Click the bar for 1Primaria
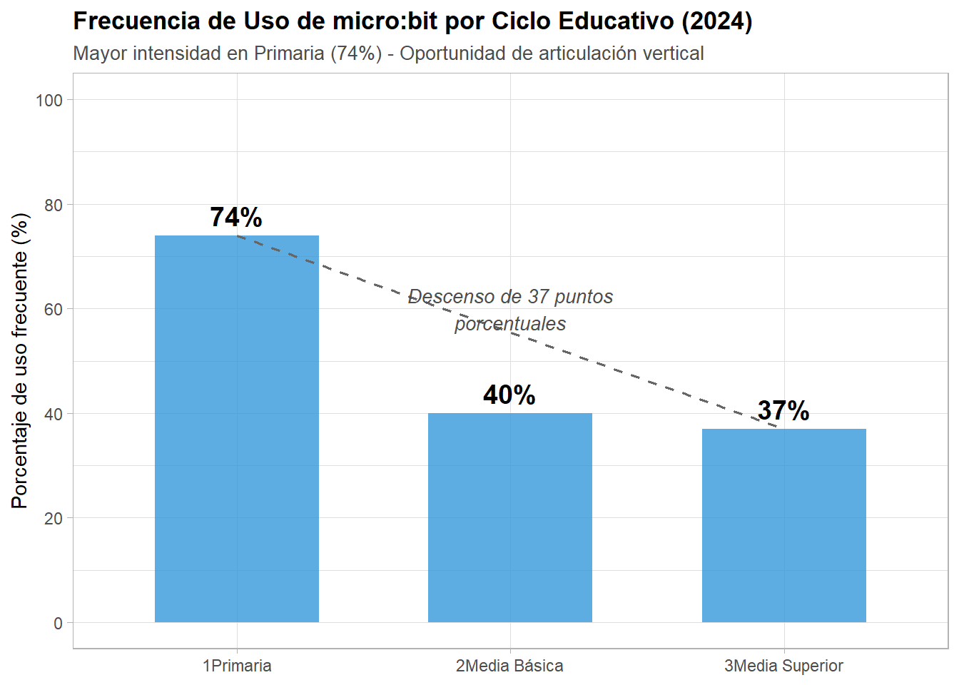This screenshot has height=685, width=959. click(236, 428)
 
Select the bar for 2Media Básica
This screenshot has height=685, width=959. click(509, 517)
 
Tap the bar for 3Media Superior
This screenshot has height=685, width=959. click(783, 525)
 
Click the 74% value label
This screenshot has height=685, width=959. click(236, 218)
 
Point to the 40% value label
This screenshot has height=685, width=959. click(509, 395)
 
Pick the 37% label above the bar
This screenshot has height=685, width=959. click(783, 411)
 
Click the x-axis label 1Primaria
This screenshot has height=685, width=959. click(237, 666)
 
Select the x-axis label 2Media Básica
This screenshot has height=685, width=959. click(509, 666)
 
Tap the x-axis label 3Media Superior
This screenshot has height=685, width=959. click(783, 666)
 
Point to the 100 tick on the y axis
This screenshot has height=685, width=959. click(49, 101)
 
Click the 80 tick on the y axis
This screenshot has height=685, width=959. click(54, 205)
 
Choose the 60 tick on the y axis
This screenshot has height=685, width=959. click(54, 310)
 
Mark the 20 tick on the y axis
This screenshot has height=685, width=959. click(54, 519)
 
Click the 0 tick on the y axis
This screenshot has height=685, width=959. click(58, 624)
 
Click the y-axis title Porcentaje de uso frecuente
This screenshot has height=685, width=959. click(20, 360)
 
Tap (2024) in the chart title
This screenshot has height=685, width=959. click(716, 21)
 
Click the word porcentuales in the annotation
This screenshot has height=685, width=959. click(510, 324)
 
